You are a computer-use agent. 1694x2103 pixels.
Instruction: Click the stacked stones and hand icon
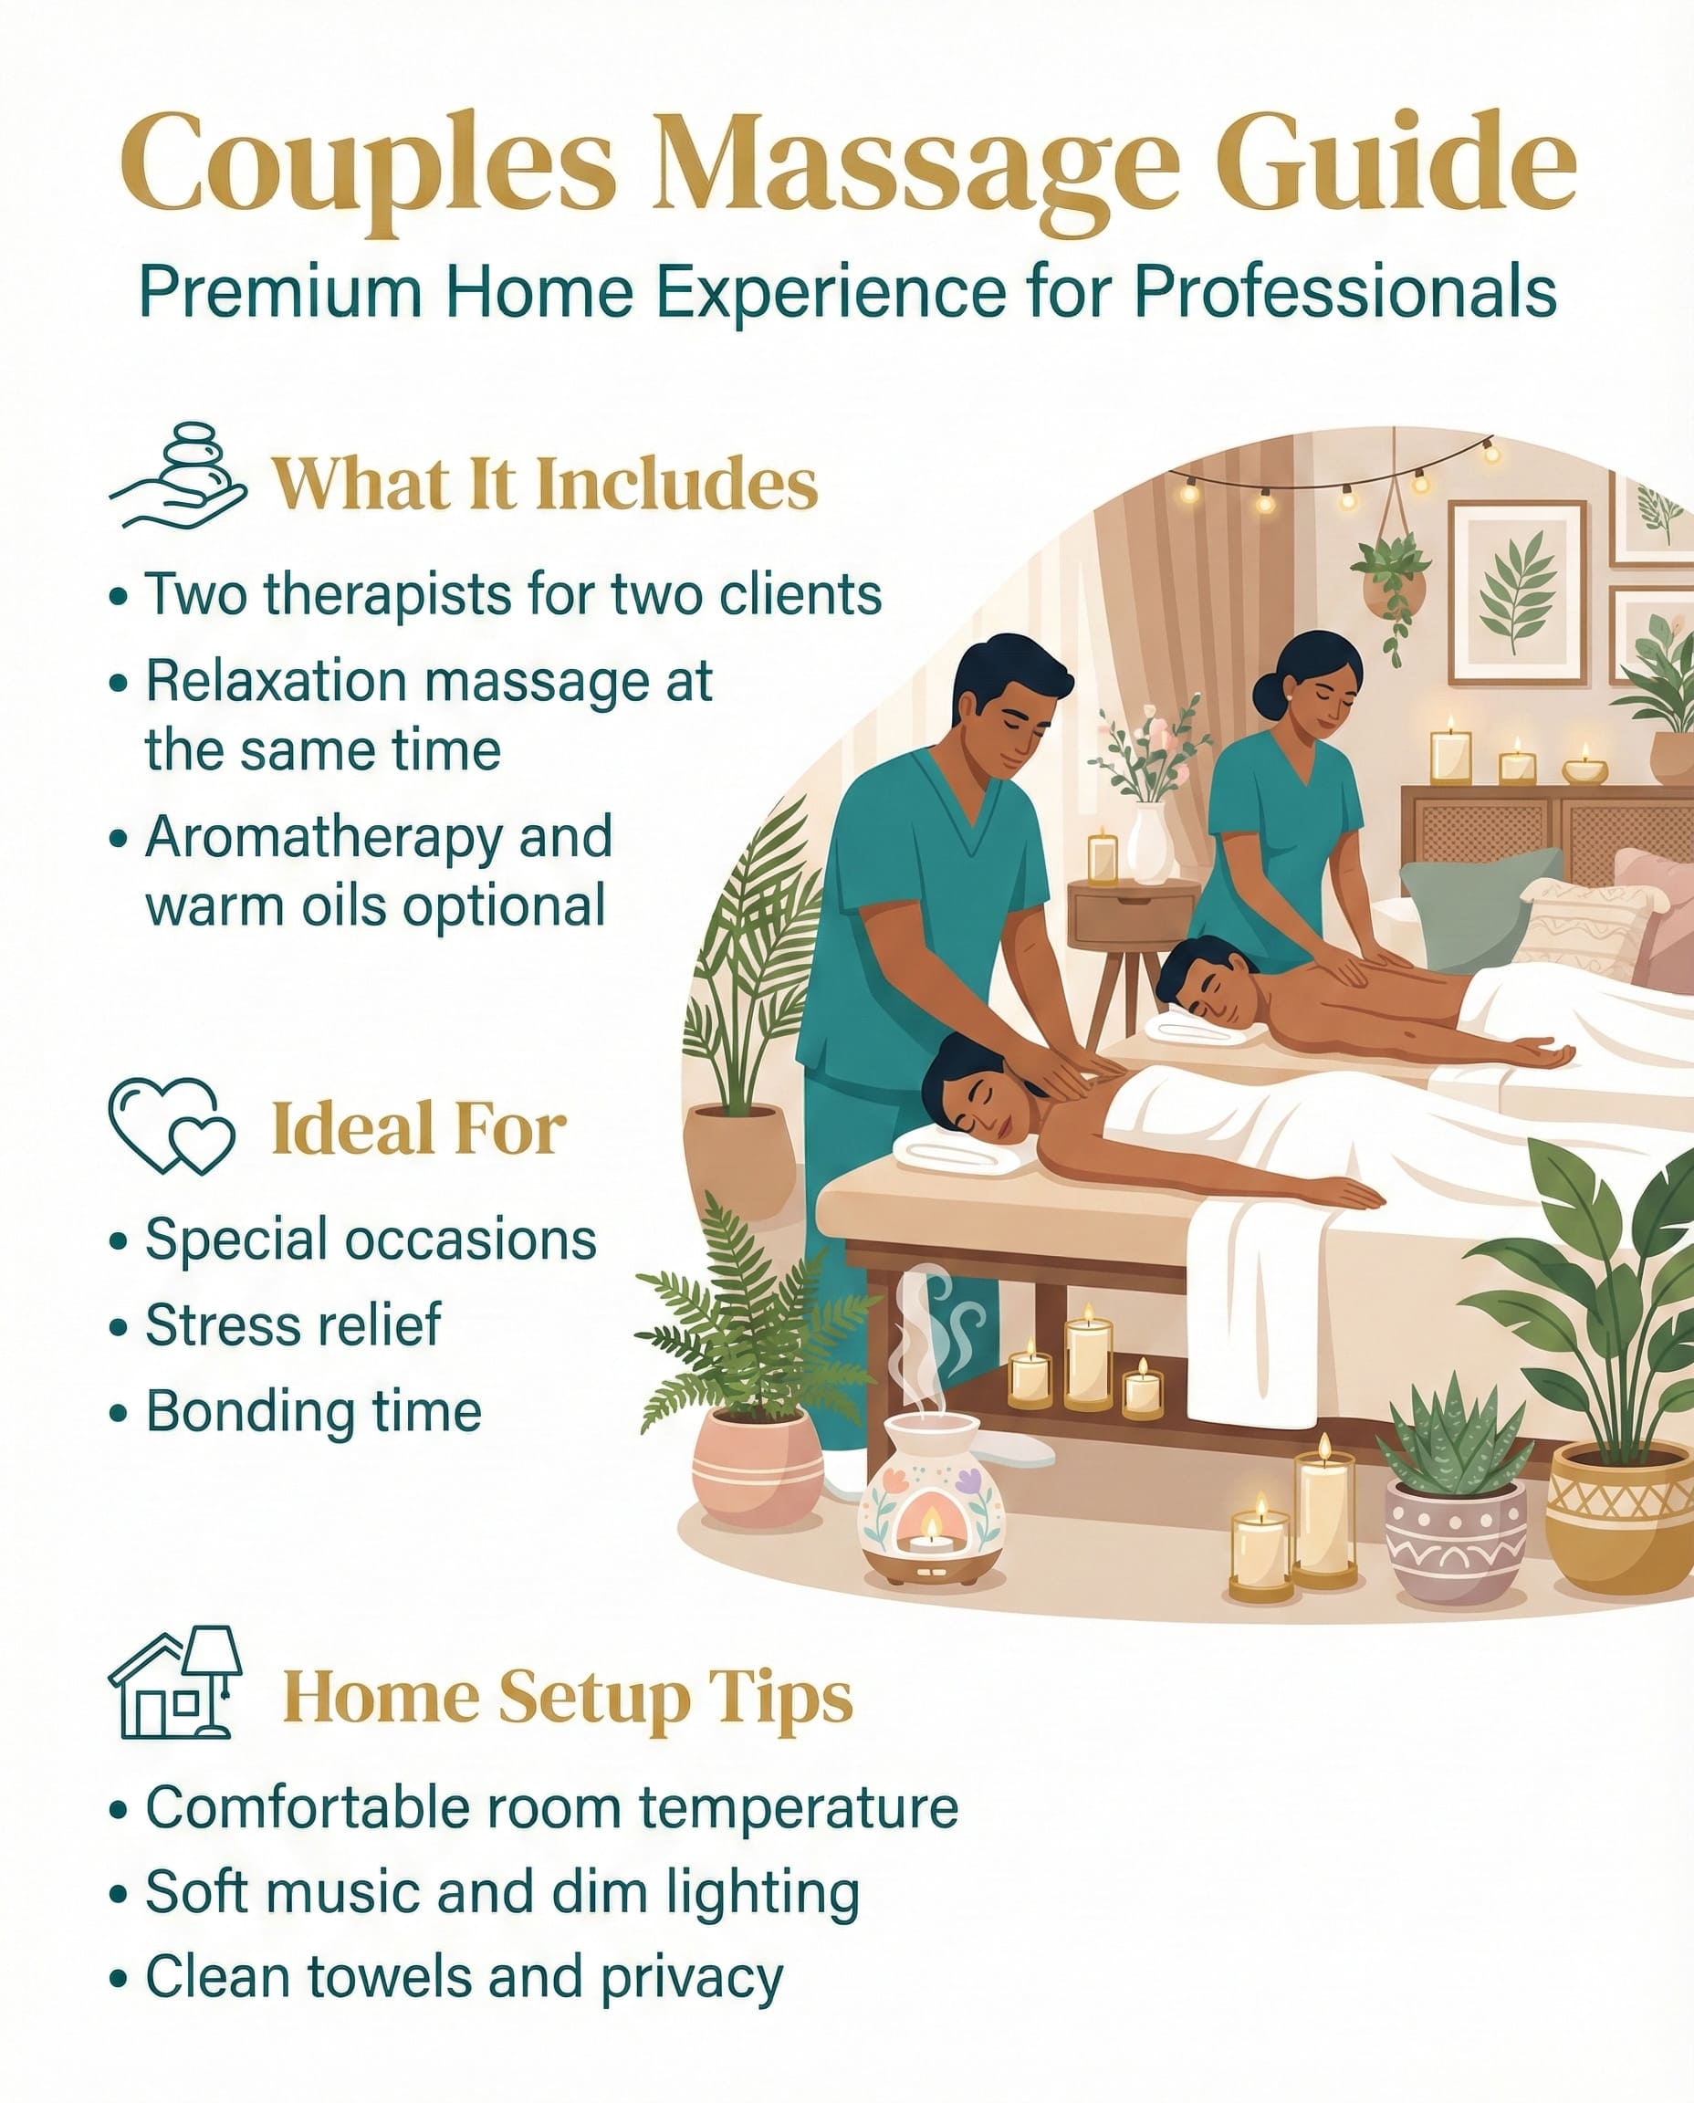coord(178,476)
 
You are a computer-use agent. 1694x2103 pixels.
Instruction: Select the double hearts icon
coord(172,1126)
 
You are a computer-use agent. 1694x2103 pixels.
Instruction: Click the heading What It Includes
coord(545,483)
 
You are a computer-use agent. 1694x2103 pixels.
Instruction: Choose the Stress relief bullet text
coord(294,1324)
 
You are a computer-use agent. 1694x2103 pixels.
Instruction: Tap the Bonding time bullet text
coord(314,1411)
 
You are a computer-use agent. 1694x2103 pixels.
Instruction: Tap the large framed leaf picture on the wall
coord(1517,592)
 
